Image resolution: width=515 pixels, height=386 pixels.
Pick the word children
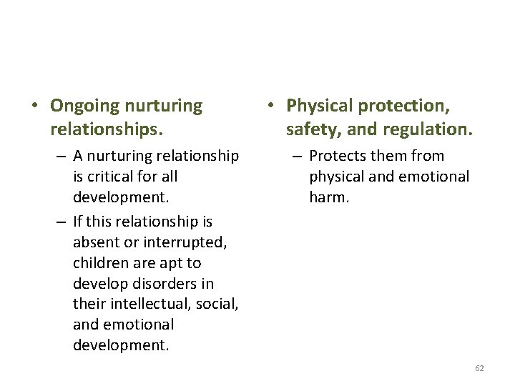[102, 262]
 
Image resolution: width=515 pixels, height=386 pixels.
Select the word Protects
[338, 156]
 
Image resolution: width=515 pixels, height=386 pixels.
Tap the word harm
[329, 196]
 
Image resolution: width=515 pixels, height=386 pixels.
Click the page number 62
[479, 368]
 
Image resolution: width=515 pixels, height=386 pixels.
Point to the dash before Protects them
[297, 156]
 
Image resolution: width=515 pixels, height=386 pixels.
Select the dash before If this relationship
[61, 222]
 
